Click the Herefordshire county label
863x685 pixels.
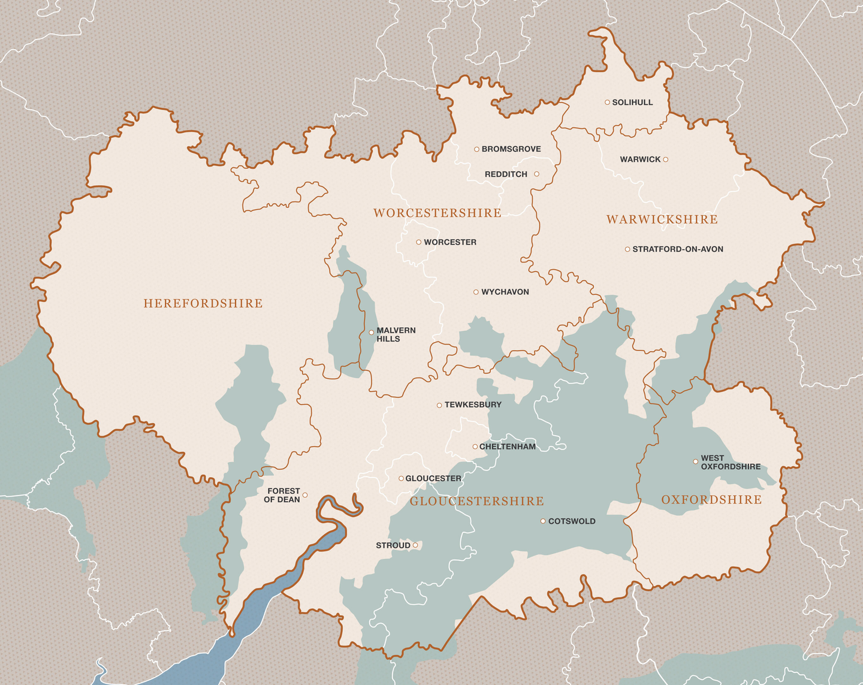click(203, 304)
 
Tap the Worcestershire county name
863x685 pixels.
click(437, 213)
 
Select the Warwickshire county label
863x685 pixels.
click(662, 220)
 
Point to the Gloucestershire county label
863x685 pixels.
click(476, 501)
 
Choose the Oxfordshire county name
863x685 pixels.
click(711, 500)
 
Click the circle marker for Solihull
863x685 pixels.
click(607, 102)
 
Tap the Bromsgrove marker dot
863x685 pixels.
click(476, 149)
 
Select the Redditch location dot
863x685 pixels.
click(536, 174)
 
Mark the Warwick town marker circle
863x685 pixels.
click(665, 159)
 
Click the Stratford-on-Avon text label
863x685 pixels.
click(678, 249)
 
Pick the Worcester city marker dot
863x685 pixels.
click(418, 242)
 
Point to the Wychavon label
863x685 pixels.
click(505, 292)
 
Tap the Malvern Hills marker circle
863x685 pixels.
click(371, 332)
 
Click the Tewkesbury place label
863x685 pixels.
click(473, 405)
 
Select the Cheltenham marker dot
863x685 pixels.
click(475, 446)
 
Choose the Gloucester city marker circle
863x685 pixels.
click(401, 478)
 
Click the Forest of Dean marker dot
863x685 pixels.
click(305, 495)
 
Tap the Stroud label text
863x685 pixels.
click(393, 545)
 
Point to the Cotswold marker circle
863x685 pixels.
click(543, 521)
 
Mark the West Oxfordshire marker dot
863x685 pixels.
click(695, 461)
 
